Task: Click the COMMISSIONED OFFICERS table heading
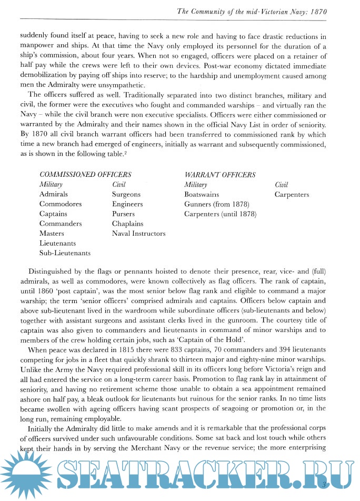[x=85, y=175]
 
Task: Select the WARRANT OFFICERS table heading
[x=219, y=175]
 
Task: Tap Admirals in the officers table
[x=53, y=194]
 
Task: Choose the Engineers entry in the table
[x=127, y=204]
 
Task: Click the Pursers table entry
[x=123, y=214]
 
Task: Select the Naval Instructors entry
[x=138, y=234]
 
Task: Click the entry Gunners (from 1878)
[x=216, y=204]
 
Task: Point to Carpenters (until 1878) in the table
[x=220, y=214]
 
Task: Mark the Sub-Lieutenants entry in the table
[x=65, y=253]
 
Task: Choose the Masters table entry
[x=52, y=234]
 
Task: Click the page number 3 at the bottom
[x=325, y=483]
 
